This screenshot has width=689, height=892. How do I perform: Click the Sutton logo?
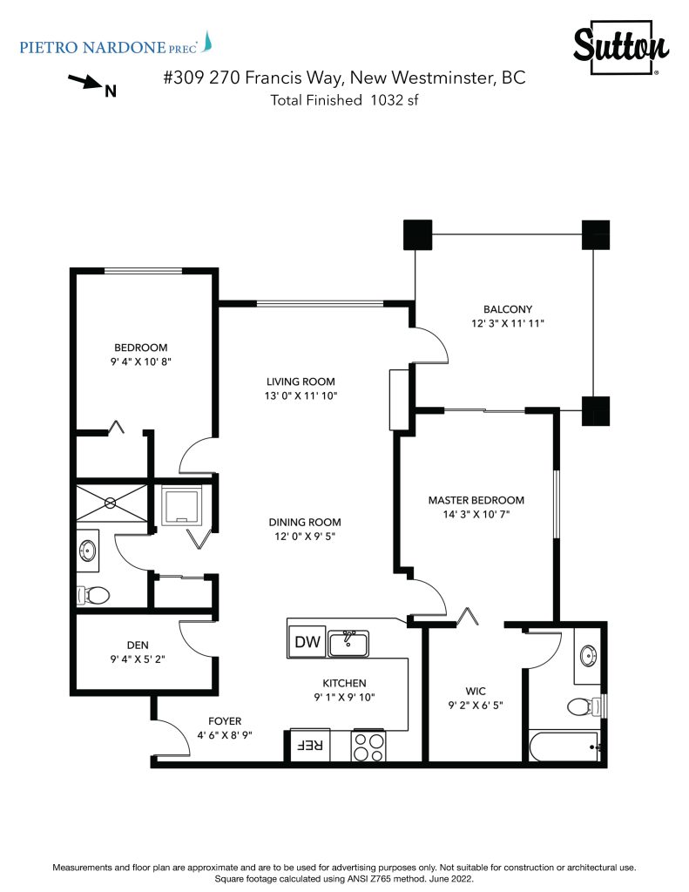click(x=621, y=47)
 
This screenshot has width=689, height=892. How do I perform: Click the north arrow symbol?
click(x=85, y=82)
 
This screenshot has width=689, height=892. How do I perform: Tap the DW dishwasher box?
click(x=307, y=642)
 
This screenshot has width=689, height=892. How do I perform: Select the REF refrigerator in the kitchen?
click(x=310, y=745)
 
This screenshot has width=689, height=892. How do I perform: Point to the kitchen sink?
click(x=348, y=643)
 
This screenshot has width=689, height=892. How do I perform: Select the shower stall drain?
click(x=111, y=503)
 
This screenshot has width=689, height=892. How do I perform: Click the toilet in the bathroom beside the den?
click(x=93, y=596)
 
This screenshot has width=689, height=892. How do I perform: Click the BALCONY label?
click(x=508, y=309)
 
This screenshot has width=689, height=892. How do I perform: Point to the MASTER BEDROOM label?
click(x=476, y=501)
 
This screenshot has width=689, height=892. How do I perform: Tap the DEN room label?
click(x=138, y=645)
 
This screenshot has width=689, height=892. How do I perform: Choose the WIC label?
click(x=476, y=691)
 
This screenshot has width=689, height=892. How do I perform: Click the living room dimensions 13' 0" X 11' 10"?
click(x=301, y=396)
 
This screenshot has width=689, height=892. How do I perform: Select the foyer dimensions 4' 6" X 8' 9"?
click(x=225, y=735)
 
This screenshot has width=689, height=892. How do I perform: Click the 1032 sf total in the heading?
click(x=395, y=100)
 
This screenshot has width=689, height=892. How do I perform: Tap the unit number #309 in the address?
click(x=183, y=78)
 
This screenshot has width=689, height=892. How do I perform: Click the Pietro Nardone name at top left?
click(x=92, y=47)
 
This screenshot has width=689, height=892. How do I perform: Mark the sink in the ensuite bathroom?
click(x=588, y=656)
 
